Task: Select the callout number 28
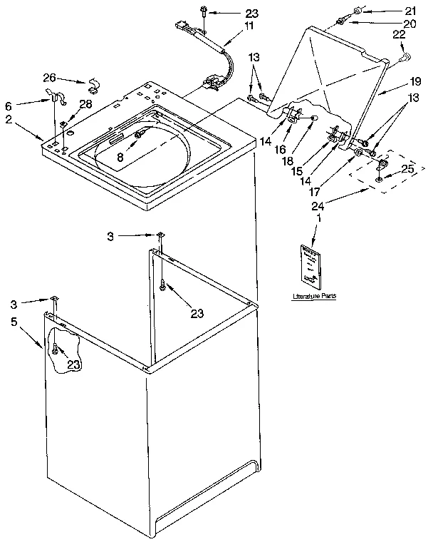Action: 85,105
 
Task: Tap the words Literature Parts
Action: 313,295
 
